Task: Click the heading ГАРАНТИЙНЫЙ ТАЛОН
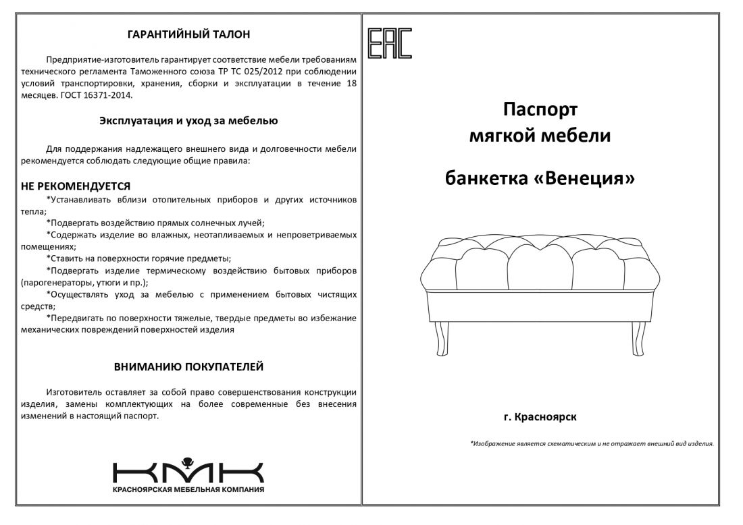pyautogui.click(x=188, y=34)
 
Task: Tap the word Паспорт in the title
pyautogui.click(x=540, y=109)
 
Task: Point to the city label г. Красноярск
pyautogui.click(x=540, y=417)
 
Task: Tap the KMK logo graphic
pyautogui.click(x=188, y=470)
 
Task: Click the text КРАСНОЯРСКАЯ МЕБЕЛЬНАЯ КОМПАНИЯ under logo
pyautogui.click(x=188, y=489)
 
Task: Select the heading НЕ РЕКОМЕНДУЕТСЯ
pyautogui.click(x=76, y=186)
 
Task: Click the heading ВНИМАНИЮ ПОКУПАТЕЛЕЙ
pyautogui.click(x=188, y=366)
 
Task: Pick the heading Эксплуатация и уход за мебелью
pyautogui.click(x=188, y=121)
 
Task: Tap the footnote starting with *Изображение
pyautogui.click(x=592, y=444)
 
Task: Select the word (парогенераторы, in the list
pyautogui.click(x=55, y=282)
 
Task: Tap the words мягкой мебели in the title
pyautogui.click(x=540, y=136)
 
